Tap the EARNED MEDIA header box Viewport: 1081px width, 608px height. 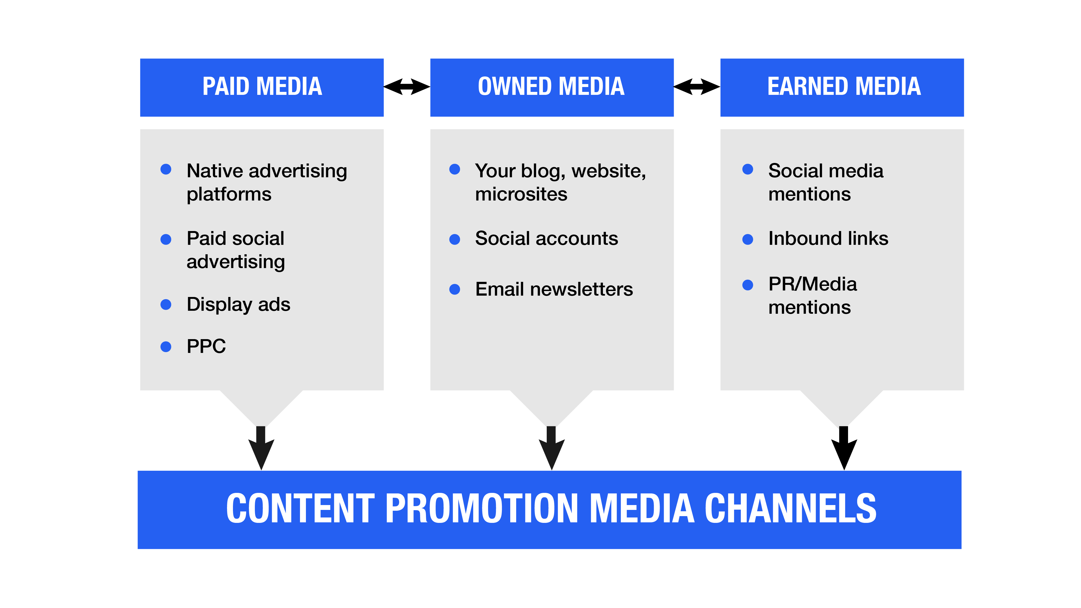[x=842, y=87]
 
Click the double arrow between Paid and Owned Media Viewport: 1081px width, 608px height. [x=407, y=87]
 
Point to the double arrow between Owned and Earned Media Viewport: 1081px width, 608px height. [x=697, y=87]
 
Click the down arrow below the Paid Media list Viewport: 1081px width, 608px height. [x=261, y=448]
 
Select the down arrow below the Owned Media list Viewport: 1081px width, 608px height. [x=551, y=448]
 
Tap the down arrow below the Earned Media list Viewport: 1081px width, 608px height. [x=844, y=448]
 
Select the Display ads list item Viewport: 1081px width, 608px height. [x=238, y=305]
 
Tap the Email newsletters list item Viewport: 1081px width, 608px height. [x=554, y=289]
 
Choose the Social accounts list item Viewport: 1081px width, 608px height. [x=546, y=238]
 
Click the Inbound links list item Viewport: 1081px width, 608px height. [x=828, y=238]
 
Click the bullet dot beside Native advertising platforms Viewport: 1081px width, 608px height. [x=166, y=169]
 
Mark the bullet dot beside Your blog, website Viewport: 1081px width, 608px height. [x=455, y=169]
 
